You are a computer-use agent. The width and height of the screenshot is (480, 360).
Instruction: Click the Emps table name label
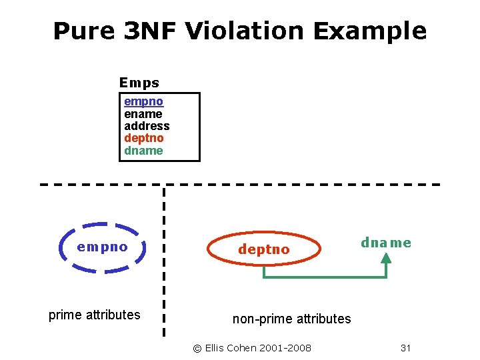tap(139, 83)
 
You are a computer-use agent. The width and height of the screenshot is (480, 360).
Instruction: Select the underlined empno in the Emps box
tap(143, 102)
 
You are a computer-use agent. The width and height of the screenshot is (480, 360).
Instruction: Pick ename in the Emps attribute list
tap(143, 114)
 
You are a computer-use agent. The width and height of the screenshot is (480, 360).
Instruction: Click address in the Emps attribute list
tap(147, 126)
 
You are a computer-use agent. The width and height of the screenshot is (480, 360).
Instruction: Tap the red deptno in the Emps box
tap(143, 138)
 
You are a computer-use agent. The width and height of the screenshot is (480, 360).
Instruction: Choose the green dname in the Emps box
tap(143, 150)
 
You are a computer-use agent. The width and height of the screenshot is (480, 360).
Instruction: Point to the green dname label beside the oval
tap(386, 243)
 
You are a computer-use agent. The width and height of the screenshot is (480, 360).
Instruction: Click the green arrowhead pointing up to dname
tap(386, 259)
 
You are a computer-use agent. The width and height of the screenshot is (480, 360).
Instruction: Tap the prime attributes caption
tap(95, 315)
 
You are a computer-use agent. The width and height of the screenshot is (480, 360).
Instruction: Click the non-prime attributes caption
tap(291, 319)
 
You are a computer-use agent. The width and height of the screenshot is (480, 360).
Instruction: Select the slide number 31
tap(405, 348)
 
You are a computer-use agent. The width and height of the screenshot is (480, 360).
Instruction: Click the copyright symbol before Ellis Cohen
tap(197, 348)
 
